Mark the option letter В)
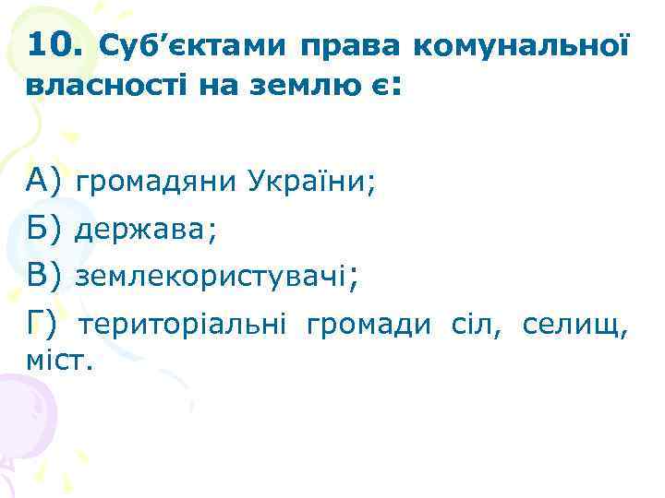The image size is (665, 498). [45, 274]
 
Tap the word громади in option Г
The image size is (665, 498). [368, 324]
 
